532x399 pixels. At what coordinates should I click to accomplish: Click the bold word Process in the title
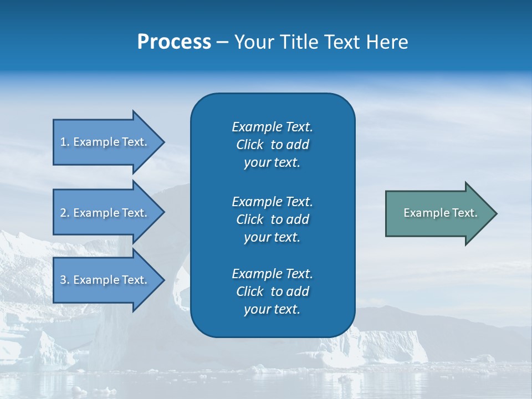174,42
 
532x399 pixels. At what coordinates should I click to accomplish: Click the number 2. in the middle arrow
65,213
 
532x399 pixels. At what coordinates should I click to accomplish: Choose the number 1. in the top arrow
65,142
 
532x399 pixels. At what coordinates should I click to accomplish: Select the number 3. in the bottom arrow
65,280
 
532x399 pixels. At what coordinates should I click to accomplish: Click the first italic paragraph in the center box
272,145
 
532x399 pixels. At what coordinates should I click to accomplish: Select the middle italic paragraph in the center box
272,219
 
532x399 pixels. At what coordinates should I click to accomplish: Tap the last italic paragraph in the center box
272,291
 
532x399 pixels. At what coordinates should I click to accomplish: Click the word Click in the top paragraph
249,145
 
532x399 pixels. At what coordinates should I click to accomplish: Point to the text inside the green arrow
440,213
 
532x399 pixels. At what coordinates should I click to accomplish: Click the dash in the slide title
222,43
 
